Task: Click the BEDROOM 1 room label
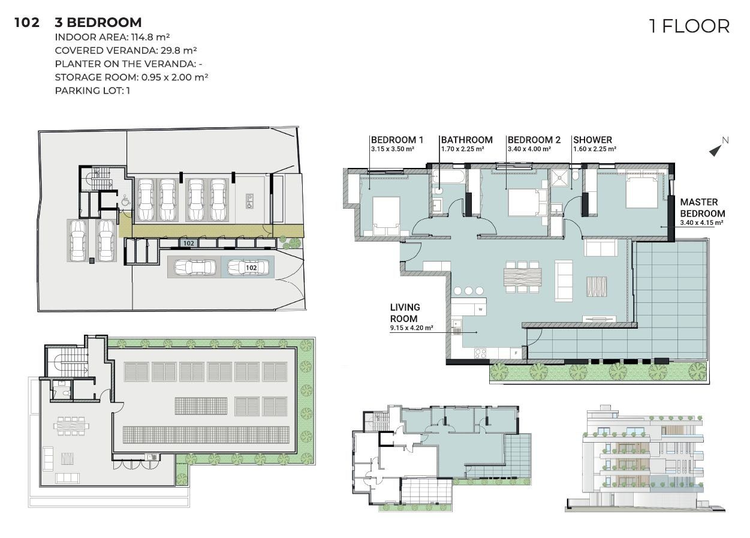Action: point(397,140)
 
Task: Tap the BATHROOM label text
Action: point(467,140)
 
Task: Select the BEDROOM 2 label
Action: point(534,140)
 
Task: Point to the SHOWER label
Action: point(593,140)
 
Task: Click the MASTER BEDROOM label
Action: point(703,208)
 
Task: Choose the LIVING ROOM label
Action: point(405,313)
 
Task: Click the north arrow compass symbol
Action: point(718,148)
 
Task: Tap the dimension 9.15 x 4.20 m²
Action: point(411,327)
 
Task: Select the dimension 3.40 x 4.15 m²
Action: point(702,223)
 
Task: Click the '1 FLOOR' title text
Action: point(689,26)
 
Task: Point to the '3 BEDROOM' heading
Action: point(98,22)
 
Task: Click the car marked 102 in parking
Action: point(248,268)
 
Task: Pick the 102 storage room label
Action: point(188,243)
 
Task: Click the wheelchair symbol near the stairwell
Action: point(125,200)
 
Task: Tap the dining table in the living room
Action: point(522,277)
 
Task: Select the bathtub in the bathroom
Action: point(448,176)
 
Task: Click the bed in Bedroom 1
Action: point(386,216)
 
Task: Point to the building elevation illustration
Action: point(645,458)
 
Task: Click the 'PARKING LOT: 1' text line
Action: point(92,91)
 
